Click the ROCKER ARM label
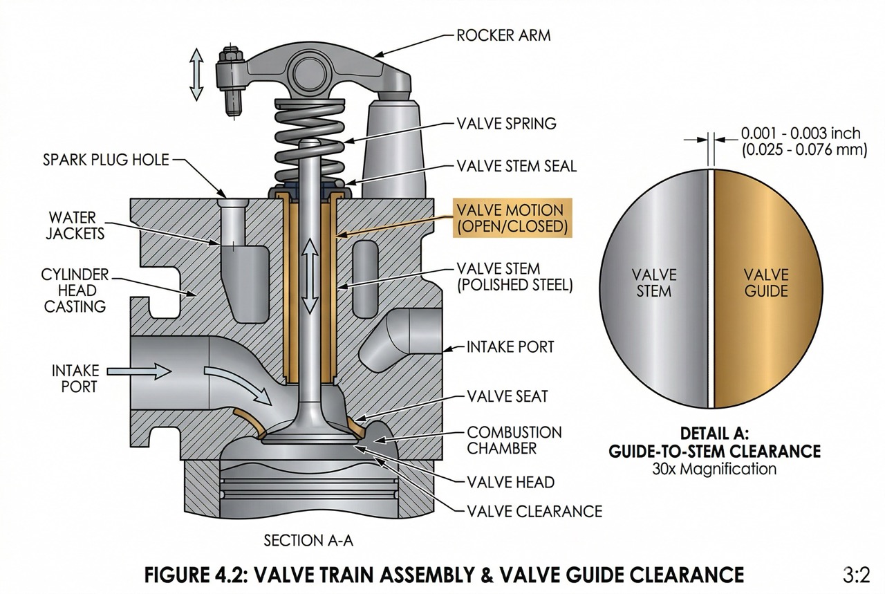tap(503, 35)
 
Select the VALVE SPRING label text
tap(506, 124)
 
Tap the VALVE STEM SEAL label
tap(516, 166)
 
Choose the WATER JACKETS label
tap(73, 224)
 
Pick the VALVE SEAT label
tap(507, 396)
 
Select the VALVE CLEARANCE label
tap(534, 511)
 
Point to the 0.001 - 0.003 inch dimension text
tap(800, 133)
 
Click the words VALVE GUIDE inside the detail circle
tap(765, 282)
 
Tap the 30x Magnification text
tap(714, 469)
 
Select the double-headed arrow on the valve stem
tap(310, 275)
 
